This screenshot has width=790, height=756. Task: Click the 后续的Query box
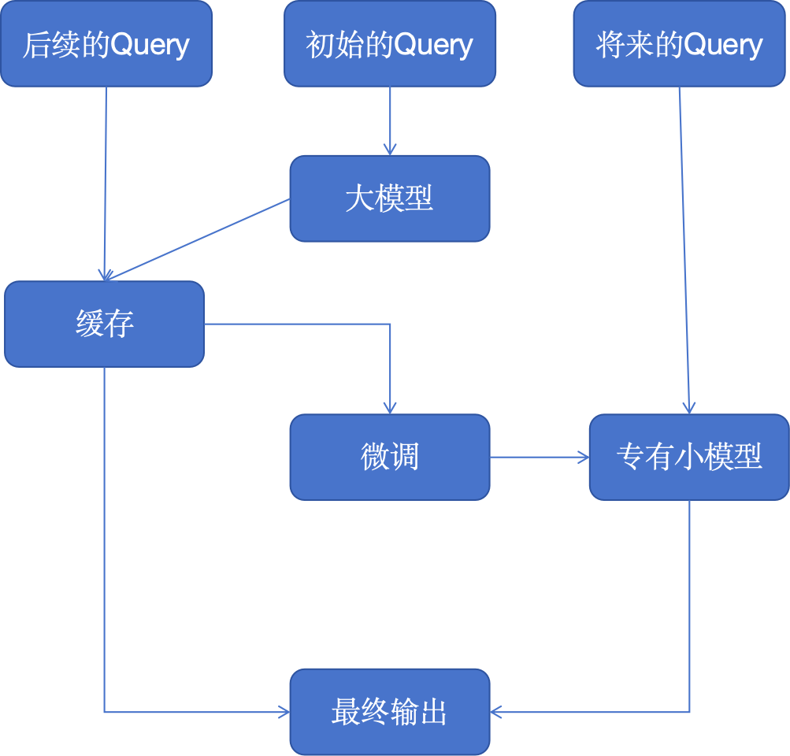(x=106, y=43)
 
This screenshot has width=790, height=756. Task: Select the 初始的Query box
(x=390, y=43)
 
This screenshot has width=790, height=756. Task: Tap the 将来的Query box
(x=680, y=43)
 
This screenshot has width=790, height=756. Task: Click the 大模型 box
(x=390, y=198)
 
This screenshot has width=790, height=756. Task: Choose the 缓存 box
(x=105, y=324)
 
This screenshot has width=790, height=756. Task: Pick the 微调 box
(x=390, y=458)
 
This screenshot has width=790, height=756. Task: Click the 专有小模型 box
(x=689, y=458)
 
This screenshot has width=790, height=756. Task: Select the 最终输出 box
(x=390, y=712)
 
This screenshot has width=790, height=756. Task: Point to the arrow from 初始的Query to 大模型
(x=390, y=118)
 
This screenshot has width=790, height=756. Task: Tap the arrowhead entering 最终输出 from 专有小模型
(x=496, y=712)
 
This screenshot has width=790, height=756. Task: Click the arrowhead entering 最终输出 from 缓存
(x=284, y=712)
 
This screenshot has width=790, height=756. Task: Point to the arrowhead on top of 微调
(x=390, y=408)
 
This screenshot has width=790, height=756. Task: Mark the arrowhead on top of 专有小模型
(x=688, y=408)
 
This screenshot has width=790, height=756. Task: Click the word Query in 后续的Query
(x=150, y=45)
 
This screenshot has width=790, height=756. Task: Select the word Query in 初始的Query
(x=434, y=45)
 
